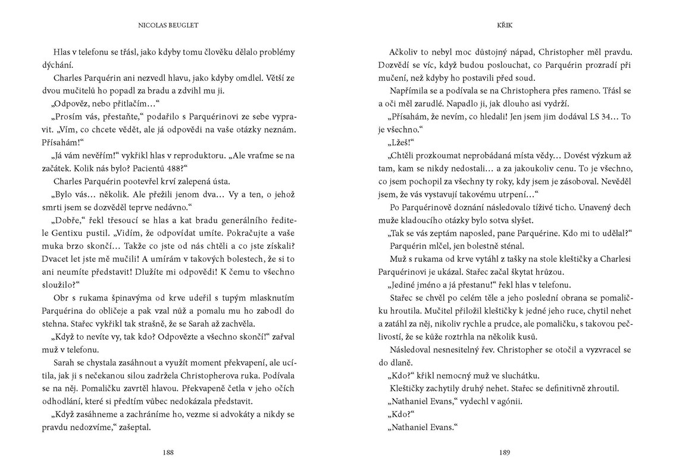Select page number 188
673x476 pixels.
(168, 452)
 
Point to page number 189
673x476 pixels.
(505, 452)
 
